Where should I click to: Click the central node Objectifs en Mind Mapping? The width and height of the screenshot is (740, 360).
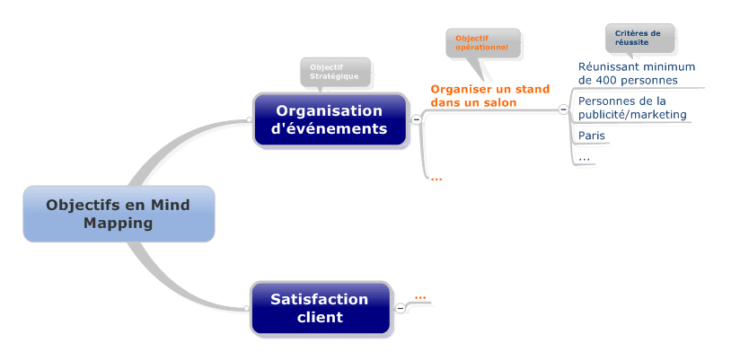119,214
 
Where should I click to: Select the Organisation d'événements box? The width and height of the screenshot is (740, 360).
329,119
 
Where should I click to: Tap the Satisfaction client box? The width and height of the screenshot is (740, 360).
320,308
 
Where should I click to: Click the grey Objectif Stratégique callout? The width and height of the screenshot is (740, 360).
334,72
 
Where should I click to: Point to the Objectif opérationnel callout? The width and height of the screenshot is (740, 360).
482,42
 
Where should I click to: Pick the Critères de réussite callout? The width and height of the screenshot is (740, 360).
638,38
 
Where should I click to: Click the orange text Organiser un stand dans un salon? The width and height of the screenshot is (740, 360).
489,96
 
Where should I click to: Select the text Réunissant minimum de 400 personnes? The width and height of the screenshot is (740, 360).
636,74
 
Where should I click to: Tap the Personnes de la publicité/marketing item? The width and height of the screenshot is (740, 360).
633,108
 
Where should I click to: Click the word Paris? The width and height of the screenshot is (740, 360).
591,136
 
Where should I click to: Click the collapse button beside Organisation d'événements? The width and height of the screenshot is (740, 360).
417,119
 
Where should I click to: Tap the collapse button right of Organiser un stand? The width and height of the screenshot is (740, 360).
563,110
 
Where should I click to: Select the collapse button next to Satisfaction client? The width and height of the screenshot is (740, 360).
401,308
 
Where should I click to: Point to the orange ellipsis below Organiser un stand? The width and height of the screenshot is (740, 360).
436,178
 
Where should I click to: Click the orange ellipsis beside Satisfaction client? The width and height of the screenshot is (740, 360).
420,296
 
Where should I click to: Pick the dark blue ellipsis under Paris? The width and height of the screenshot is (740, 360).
584,157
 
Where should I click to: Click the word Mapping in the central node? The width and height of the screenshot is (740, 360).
119,223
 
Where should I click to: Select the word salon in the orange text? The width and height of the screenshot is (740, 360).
498,103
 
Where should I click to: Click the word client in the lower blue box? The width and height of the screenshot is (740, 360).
320,317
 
